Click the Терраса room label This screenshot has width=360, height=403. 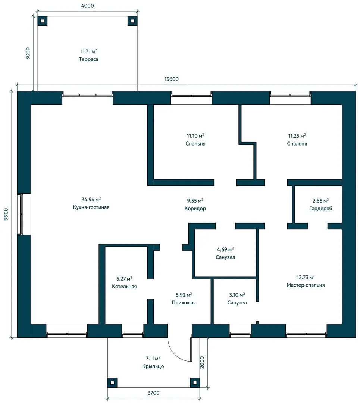click(88, 59)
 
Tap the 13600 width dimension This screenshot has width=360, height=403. click(171, 79)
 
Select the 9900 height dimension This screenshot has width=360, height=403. click(6, 214)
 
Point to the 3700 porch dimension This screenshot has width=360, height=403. click(153, 393)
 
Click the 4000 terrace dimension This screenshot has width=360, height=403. click(87, 6)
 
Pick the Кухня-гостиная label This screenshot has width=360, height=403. click(91, 207)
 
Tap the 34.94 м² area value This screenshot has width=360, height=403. click(91, 199)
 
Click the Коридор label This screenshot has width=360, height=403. click(195, 209)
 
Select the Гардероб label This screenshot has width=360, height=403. click(321, 209)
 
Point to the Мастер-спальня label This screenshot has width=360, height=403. click(306, 285)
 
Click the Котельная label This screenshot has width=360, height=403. click(124, 286)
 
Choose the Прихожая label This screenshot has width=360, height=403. click(184, 303)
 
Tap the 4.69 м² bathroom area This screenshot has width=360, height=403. click(225, 249)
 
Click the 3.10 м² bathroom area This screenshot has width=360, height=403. click(237, 295)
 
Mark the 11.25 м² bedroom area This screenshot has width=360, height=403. click(297, 136)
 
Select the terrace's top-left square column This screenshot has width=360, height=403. click(43, 21)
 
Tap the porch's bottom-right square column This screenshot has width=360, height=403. click(195, 383)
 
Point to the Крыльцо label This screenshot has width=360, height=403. click(153, 366)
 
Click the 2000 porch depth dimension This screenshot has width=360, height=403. click(202, 362)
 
